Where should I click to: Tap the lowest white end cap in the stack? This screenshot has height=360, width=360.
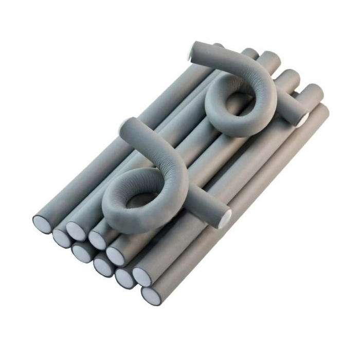pyautogui.click(x=150, y=295)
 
